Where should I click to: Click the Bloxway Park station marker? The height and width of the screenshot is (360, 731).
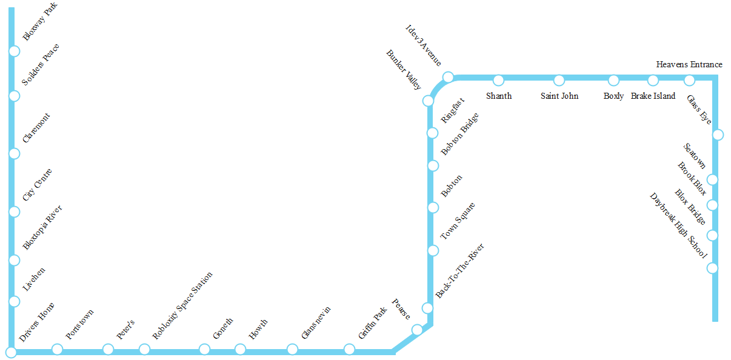(x=14, y=51)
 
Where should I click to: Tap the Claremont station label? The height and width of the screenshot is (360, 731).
(x=36, y=128)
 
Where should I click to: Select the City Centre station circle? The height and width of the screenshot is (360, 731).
(x=14, y=212)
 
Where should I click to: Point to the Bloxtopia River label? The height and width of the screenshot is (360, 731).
(x=42, y=227)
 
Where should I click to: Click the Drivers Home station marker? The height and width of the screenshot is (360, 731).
(x=11, y=352)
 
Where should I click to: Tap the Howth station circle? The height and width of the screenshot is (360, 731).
(x=240, y=349)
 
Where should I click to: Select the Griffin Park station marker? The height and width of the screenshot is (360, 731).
(x=349, y=349)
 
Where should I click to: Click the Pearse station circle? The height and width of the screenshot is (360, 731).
(x=417, y=330)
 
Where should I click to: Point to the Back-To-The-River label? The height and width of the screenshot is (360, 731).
(x=460, y=270)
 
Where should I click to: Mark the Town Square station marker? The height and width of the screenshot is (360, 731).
(x=433, y=250)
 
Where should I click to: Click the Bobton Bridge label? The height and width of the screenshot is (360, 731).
(x=460, y=133)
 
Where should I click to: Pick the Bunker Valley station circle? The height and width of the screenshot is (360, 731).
(x=428, y=101)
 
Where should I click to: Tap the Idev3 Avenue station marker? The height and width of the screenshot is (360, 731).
(x=448, y=77)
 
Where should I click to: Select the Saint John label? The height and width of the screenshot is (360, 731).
(x=559, y=96)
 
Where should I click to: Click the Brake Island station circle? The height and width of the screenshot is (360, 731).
(x=653, y=80)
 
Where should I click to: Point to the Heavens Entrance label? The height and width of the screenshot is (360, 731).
(x=689, y=64)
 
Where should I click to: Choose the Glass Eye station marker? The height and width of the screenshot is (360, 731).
(x=718, y=135)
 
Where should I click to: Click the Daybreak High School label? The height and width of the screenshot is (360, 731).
(x=678, y=226)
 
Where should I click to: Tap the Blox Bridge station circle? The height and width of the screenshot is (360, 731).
(x=712, y=235)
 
